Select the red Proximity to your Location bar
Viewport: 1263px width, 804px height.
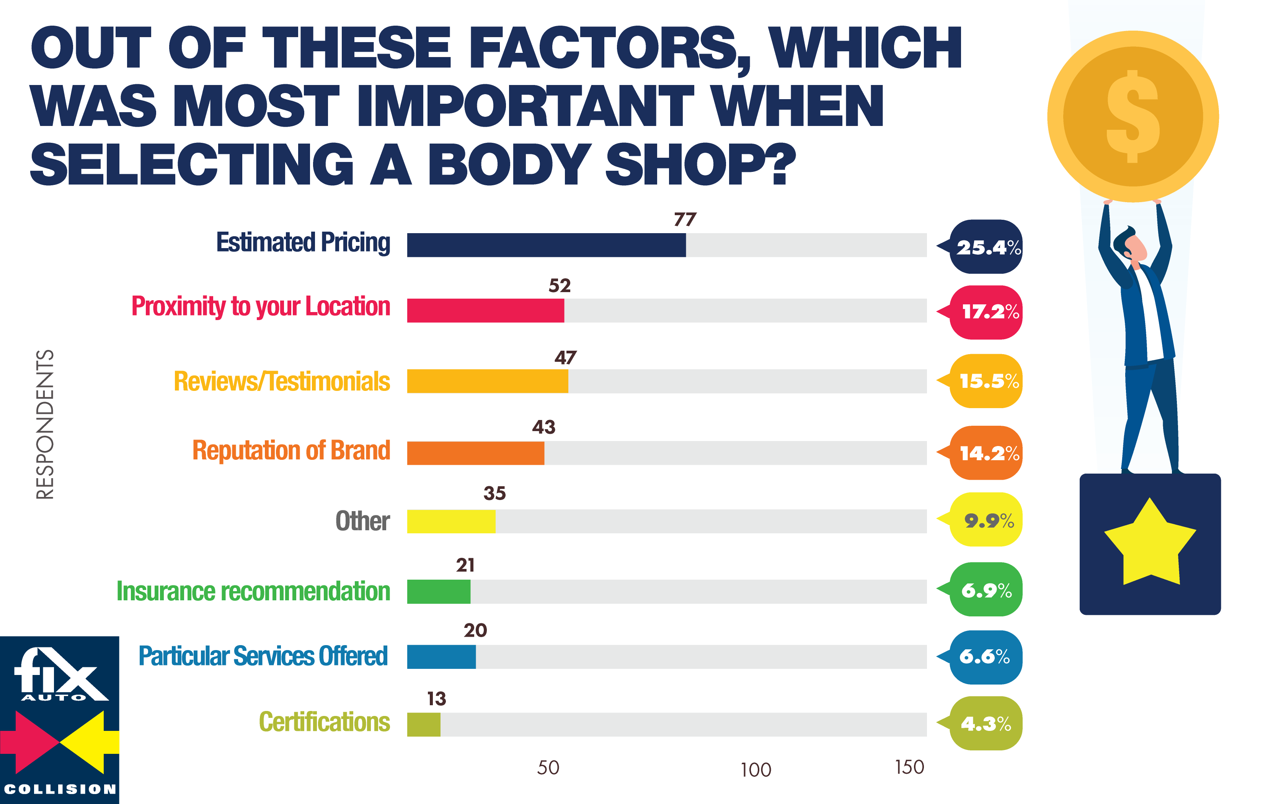click(485, 310)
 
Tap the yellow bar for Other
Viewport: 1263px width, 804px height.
click(451, 521)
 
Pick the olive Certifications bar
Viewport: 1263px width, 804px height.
click(424, 724)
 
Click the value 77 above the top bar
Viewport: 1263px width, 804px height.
click(684, 219)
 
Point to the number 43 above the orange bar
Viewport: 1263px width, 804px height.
click(543, 427)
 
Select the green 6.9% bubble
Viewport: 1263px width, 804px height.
click(986, 590)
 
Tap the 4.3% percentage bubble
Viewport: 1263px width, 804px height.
click(986, 724)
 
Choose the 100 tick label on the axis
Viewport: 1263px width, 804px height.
click(755, 770)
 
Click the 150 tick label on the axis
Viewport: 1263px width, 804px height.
click(909, 767)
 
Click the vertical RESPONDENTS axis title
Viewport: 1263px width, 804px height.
click(45, 424)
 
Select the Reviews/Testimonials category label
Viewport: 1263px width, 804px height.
click(282, 382)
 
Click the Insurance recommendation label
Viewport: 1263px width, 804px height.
click(253, 592)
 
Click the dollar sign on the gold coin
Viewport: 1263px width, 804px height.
click(1132, 116)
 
